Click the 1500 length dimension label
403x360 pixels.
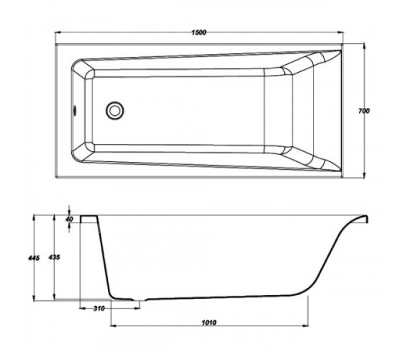(x=199, y=32)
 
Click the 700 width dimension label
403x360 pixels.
(x=363, y=111)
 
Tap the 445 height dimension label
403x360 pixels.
(x=34, y=258)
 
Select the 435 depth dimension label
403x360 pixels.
(x=54, y=257)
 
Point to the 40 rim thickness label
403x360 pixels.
(x=69, y=219)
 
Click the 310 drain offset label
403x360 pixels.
(x=99, y=308)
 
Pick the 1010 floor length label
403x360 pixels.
(x=209, y=323)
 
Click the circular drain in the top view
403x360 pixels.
(x=114, y=110)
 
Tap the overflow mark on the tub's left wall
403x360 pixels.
(x=75, y=111)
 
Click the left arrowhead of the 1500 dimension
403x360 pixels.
(x=58, y=32)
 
